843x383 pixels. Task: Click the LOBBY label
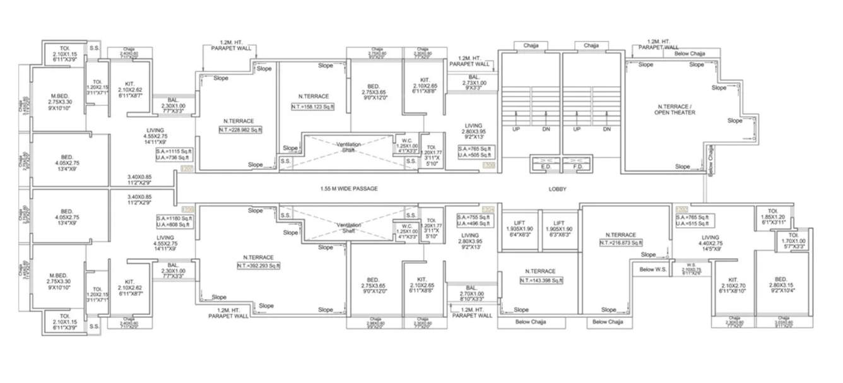point(557,189)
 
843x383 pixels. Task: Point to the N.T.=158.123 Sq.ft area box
point(314,107)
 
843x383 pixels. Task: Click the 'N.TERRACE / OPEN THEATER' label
point(675,117)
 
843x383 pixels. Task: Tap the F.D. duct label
point(575,167)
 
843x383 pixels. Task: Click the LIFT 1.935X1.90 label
point(520,228)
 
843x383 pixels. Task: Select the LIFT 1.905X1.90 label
point(558,228)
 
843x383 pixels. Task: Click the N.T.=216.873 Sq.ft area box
point(620,242)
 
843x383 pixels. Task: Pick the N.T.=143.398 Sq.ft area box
point(541,280)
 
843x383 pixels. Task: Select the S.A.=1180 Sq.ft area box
point(175,220)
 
